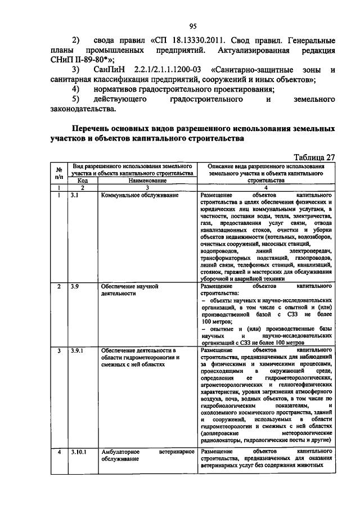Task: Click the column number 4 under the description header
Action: [265, 188]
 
